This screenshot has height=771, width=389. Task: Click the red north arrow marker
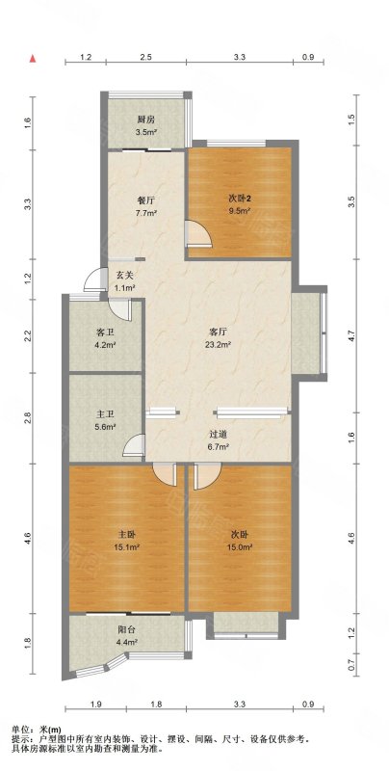pyautogui.click(x=33, y=59)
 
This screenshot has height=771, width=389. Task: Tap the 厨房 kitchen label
pyautogui.click(x=146, y=119)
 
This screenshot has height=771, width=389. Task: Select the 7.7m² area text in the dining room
pyautogui.click(x=146, y=213)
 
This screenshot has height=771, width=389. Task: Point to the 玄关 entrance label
pyautogui.click(x=125, y=276)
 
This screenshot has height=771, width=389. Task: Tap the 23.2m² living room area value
pyautogui.click(x=220, y=345)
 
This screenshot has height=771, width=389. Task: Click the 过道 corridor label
pyautogui.click(x=219, y=435)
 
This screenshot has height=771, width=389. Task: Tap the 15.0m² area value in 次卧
pyautogui.click(x=240, y=546)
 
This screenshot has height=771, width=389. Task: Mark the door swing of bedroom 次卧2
pyautogui.click(x=199, y=233)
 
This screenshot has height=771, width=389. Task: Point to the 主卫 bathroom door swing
pyautogui.click(x=134, y=445)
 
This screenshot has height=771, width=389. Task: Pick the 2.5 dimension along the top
pyautogui.click(x=145, y=58)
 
